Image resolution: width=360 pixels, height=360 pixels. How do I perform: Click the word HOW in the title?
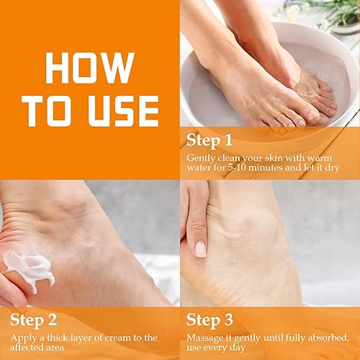(x=90, y=68)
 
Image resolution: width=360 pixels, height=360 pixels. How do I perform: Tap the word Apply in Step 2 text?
(x=21, y=336)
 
